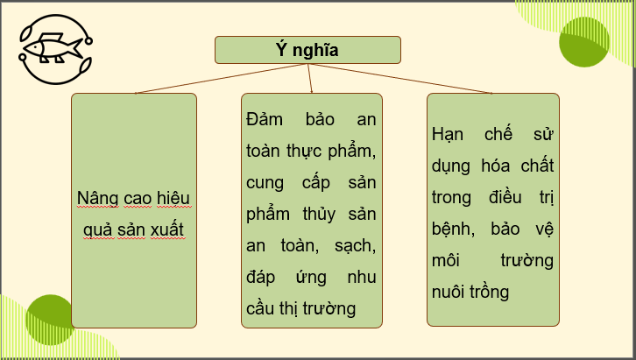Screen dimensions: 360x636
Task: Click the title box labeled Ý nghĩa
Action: click(307, 50)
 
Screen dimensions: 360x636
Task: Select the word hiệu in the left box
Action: click(173, 198)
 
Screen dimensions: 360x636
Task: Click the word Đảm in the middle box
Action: click(266, 119)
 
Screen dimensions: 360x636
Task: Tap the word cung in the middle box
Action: click(267, 182)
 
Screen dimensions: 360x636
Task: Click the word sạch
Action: click(354, 245)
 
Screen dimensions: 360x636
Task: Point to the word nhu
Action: click(360, 277)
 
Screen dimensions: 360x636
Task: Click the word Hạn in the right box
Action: click(449, 135)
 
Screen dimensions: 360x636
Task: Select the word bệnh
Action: click(454, 229)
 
